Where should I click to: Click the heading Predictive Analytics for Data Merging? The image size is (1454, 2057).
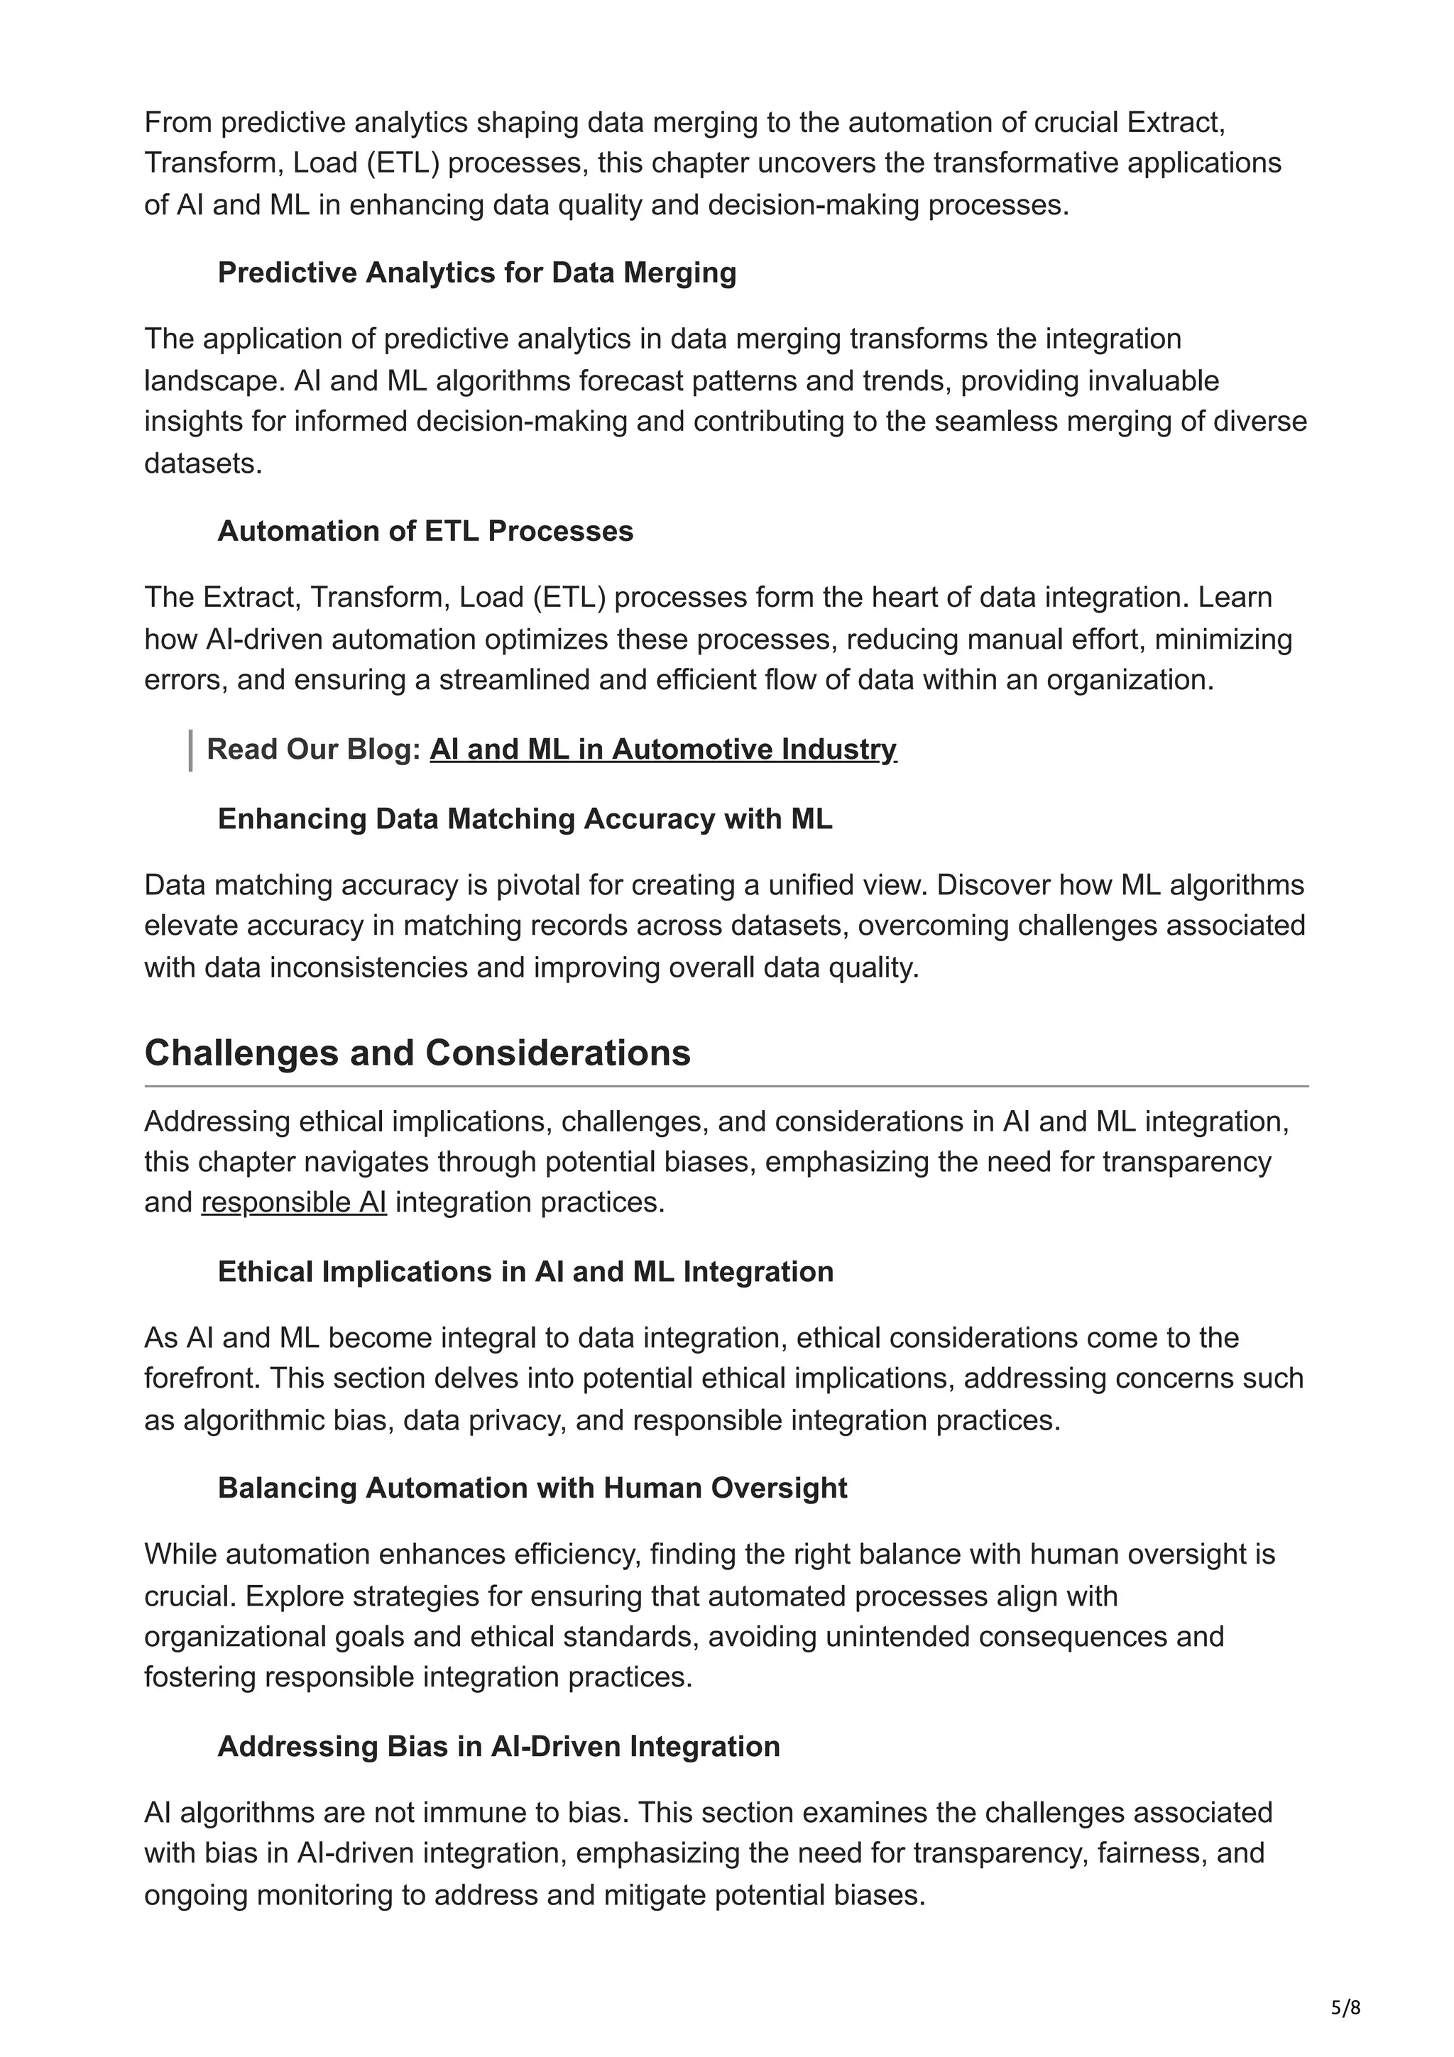coord(476,273)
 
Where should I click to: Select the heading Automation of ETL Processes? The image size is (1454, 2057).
coord(425,531)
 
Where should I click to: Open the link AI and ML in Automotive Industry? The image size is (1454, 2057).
coord(663,749)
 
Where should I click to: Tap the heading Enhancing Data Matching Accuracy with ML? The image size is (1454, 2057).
coord(525,819)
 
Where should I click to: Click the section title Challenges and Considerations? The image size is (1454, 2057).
coord(417,1053)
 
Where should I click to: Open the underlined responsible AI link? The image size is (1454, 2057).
coord(294,1202)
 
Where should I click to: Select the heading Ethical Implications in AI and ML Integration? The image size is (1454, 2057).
coord(526,1272)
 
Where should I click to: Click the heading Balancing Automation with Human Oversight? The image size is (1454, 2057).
coord(532,1488)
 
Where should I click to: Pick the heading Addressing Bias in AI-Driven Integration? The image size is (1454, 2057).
coord(499,1746)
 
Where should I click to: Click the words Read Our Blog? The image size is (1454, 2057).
coord(315,749)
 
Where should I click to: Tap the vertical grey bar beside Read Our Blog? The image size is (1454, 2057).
coord(191,751)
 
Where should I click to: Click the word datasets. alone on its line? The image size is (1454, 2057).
coord(203,464)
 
